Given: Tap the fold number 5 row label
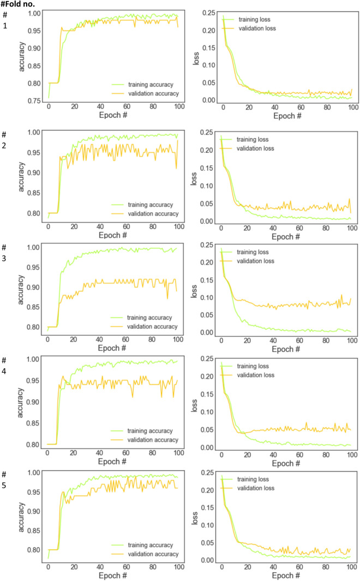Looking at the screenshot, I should point(4,483).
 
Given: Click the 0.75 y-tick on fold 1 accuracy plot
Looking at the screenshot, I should point(33,101).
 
